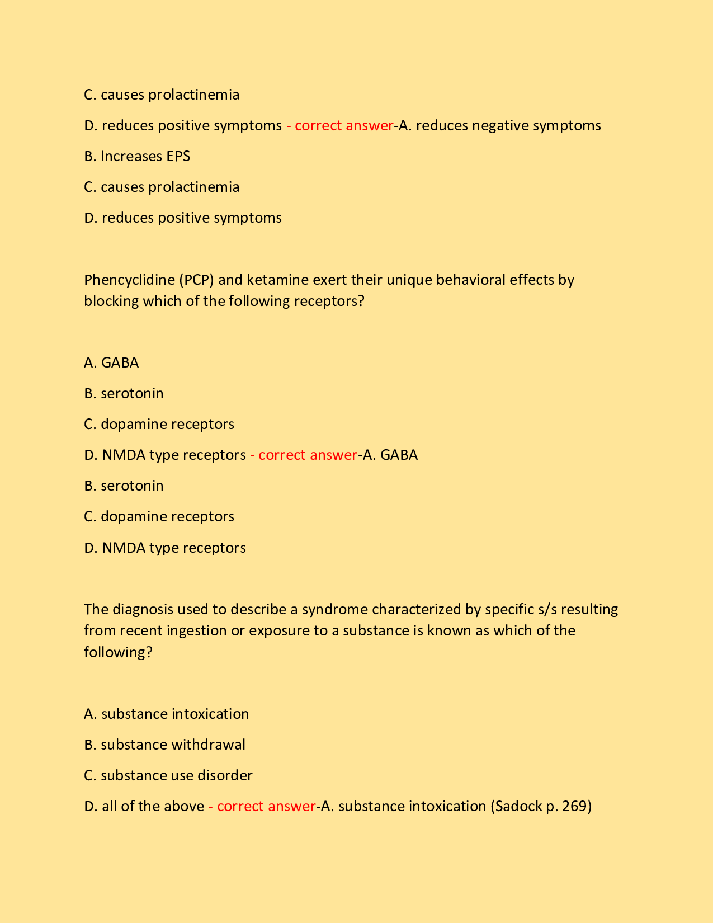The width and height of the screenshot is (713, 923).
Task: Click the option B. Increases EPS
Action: pos(137,156)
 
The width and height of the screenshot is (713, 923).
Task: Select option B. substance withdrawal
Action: pos(164,745)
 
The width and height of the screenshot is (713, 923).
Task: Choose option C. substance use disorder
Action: pos(168,775)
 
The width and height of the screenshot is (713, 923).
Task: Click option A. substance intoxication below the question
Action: pos(166,714)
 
